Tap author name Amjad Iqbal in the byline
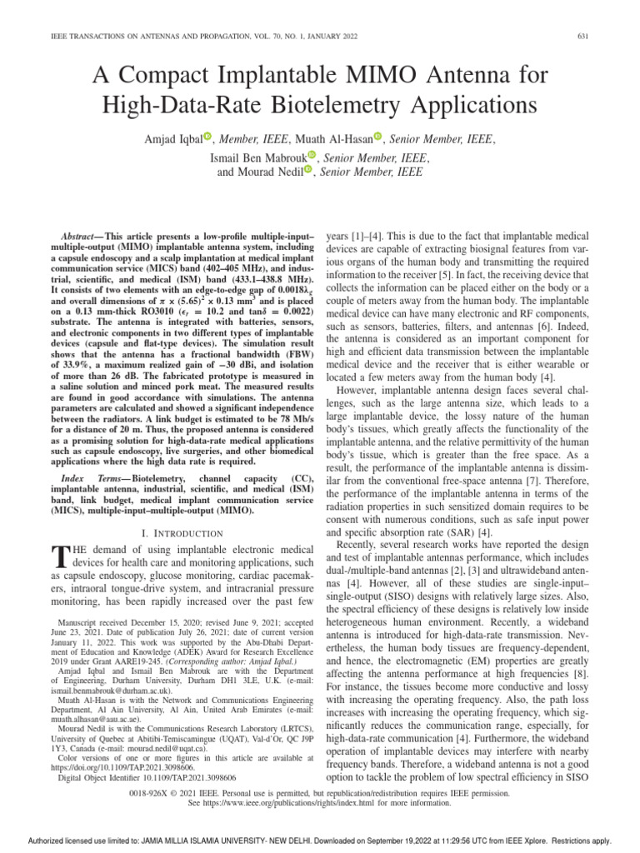pyautogui.click(x=169, y=138)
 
